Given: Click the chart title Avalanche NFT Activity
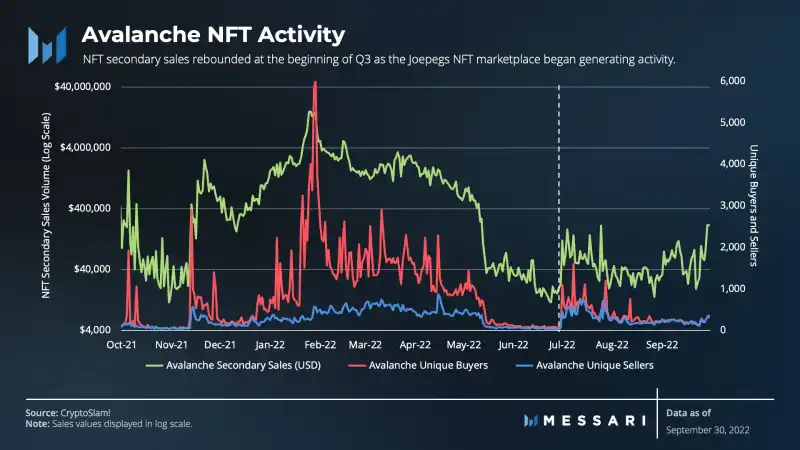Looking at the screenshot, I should point(212,34).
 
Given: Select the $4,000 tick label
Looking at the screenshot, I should point(95,330).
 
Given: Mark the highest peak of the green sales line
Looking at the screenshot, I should point(310,111).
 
